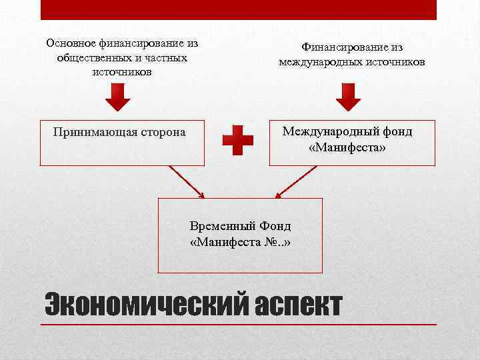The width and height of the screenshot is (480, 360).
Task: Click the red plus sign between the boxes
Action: tap(238, 141)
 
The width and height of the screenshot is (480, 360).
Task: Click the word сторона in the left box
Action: tap(163, 132)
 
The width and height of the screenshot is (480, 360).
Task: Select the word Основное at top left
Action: tap(71, 43)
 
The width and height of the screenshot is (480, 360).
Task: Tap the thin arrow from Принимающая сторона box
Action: tap(186, 181)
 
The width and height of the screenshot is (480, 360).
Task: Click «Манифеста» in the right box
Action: tap(347, 146)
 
